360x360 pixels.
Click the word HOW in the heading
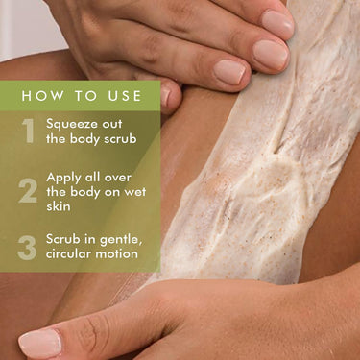42,96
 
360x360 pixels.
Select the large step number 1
29,131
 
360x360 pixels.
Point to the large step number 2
28,191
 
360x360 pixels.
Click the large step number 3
27,248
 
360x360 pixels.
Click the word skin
59,206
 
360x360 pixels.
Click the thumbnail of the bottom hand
39,344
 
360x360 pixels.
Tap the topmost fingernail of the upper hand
277,23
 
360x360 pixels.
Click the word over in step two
118,178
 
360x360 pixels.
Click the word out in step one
112,125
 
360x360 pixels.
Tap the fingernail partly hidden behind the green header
165,96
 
